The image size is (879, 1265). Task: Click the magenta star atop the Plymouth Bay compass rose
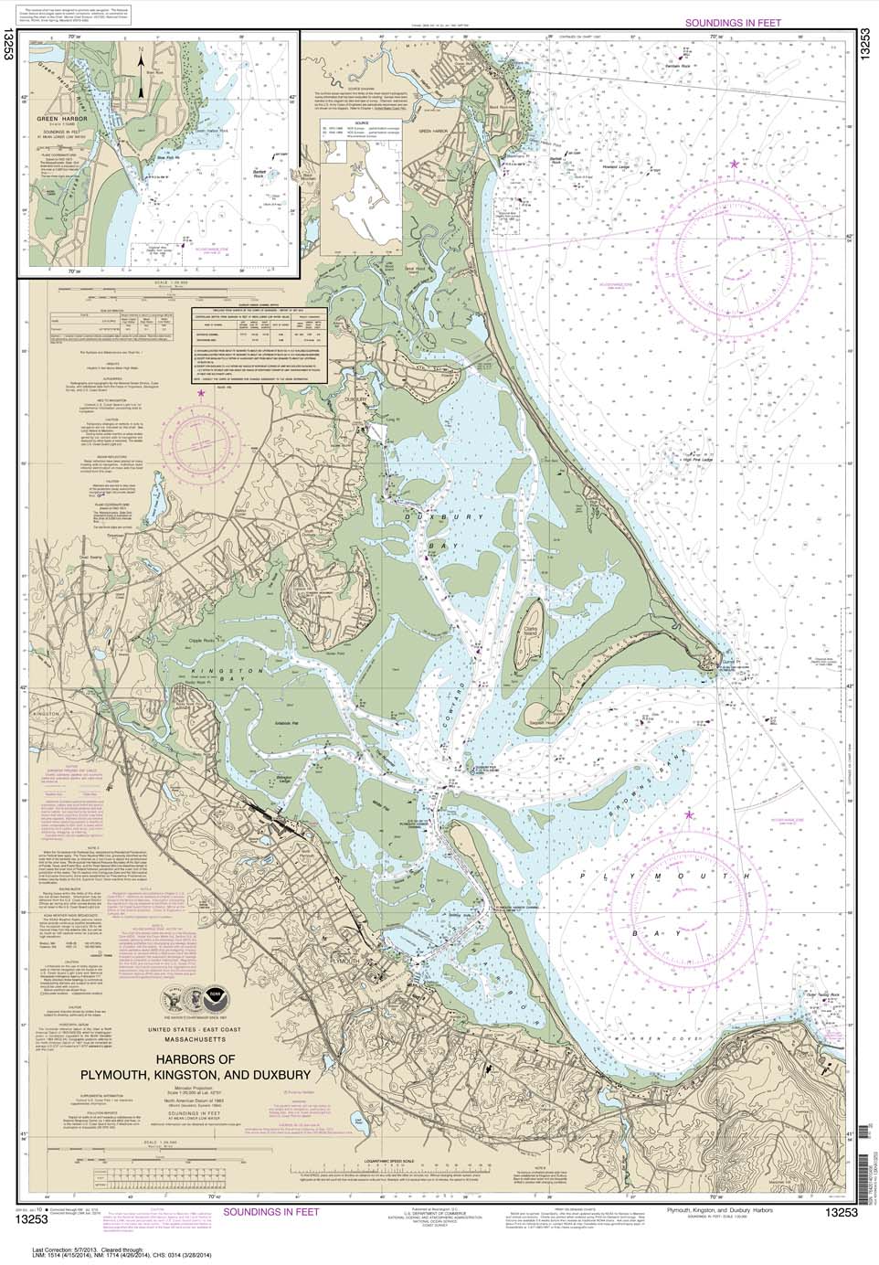[690, 814]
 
